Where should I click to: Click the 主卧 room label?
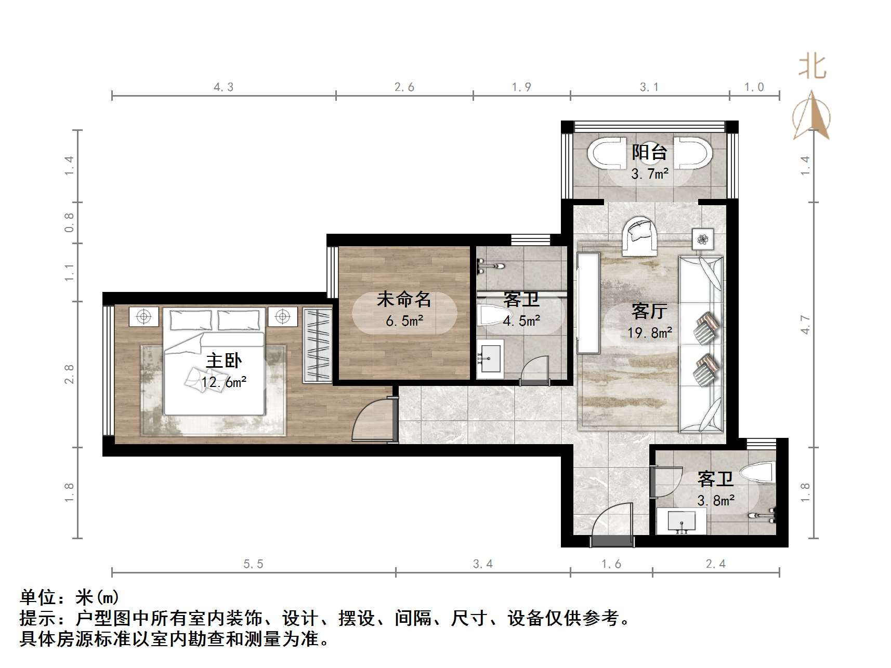[224, 360]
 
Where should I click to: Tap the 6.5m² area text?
[404, 321]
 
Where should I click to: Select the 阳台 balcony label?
[649, 152]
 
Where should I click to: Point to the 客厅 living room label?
[649, 311]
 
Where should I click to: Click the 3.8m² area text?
[715, 501]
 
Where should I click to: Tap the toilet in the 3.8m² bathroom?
[758, 473]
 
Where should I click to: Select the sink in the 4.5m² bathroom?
[490, 358]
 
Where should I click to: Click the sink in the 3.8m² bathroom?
[681, 521]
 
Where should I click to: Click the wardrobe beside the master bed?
[317, 345]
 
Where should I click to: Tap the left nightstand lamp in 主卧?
[144, 316]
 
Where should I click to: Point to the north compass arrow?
[811, 116]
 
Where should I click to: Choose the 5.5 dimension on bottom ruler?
[253, 564]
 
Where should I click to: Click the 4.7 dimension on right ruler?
[805, 325]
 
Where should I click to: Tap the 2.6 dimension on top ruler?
[404, 87]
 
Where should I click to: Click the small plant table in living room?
[702, 239]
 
